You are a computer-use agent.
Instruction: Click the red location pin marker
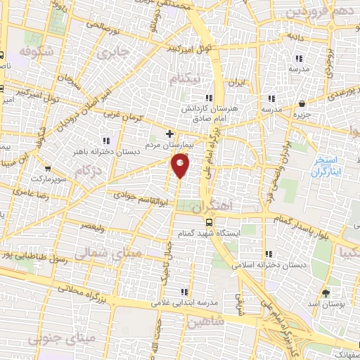point(181,165)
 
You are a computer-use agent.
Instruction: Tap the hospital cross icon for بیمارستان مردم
point(169,133)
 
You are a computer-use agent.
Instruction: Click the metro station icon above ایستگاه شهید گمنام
point(208,221)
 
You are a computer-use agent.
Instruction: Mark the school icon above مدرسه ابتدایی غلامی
point(184,292)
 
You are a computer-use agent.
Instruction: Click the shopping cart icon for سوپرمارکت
point(48,169)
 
